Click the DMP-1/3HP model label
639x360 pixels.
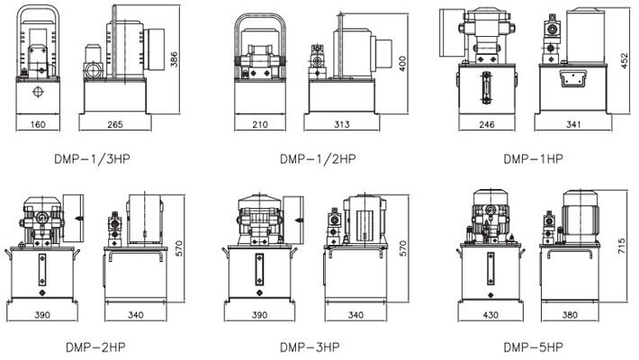92,158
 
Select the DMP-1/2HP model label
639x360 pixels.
318,158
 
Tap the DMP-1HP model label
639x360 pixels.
534,158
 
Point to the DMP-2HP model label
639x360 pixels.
95,347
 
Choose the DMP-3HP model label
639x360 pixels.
310,347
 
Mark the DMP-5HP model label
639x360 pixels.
534,347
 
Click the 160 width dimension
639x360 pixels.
38,124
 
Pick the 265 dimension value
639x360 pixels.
115,124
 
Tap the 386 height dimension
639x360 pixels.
174,59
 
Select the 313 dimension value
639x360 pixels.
341,124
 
